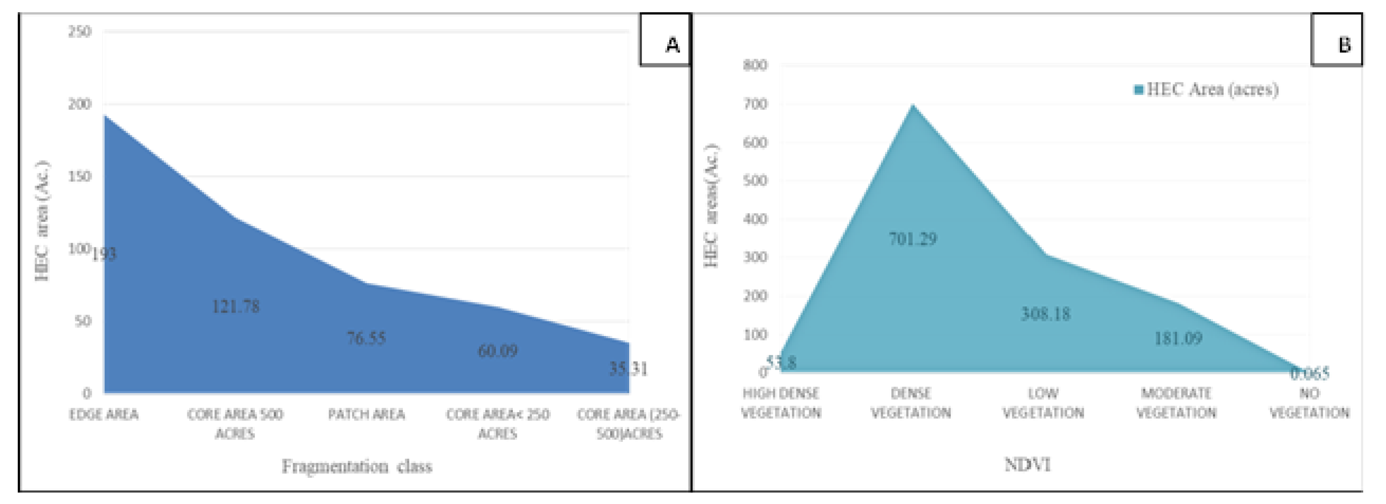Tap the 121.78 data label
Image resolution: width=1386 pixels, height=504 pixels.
click(x=236, y=307)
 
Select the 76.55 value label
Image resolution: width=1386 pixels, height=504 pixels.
click(x=367, y=338)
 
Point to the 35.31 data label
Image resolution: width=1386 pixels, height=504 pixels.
click(x=628, y=369)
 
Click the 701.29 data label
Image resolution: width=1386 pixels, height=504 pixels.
click(x=912, y=239)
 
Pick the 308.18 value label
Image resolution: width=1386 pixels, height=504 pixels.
click(x=1045, y=314)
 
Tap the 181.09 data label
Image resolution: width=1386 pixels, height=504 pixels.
click(x=1178, y=338)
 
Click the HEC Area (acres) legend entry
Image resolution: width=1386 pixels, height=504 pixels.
click(x=1206, y=89)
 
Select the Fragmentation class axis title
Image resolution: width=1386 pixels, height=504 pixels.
click(x=357, y=466)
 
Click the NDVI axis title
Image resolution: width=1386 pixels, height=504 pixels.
click(x=1027, y=464)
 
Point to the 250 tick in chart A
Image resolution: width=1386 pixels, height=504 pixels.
click(x=79, y=32)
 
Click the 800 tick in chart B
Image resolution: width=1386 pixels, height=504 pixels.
click(x=755, y=65)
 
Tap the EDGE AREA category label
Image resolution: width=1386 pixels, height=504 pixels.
click(x=104, y=415)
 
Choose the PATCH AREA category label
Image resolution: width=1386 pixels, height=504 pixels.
click(x=367, y=415)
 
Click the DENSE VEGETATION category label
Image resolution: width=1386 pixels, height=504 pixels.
click(x=911, y=403)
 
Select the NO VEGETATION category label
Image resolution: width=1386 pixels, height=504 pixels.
click(x=1309, y=403)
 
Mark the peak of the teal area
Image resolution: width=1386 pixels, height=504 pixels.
click(x=912, y=105)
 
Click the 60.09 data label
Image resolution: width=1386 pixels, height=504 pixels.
click(x=498, y=351)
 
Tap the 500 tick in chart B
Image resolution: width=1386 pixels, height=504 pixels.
click(x=755, y=180)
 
